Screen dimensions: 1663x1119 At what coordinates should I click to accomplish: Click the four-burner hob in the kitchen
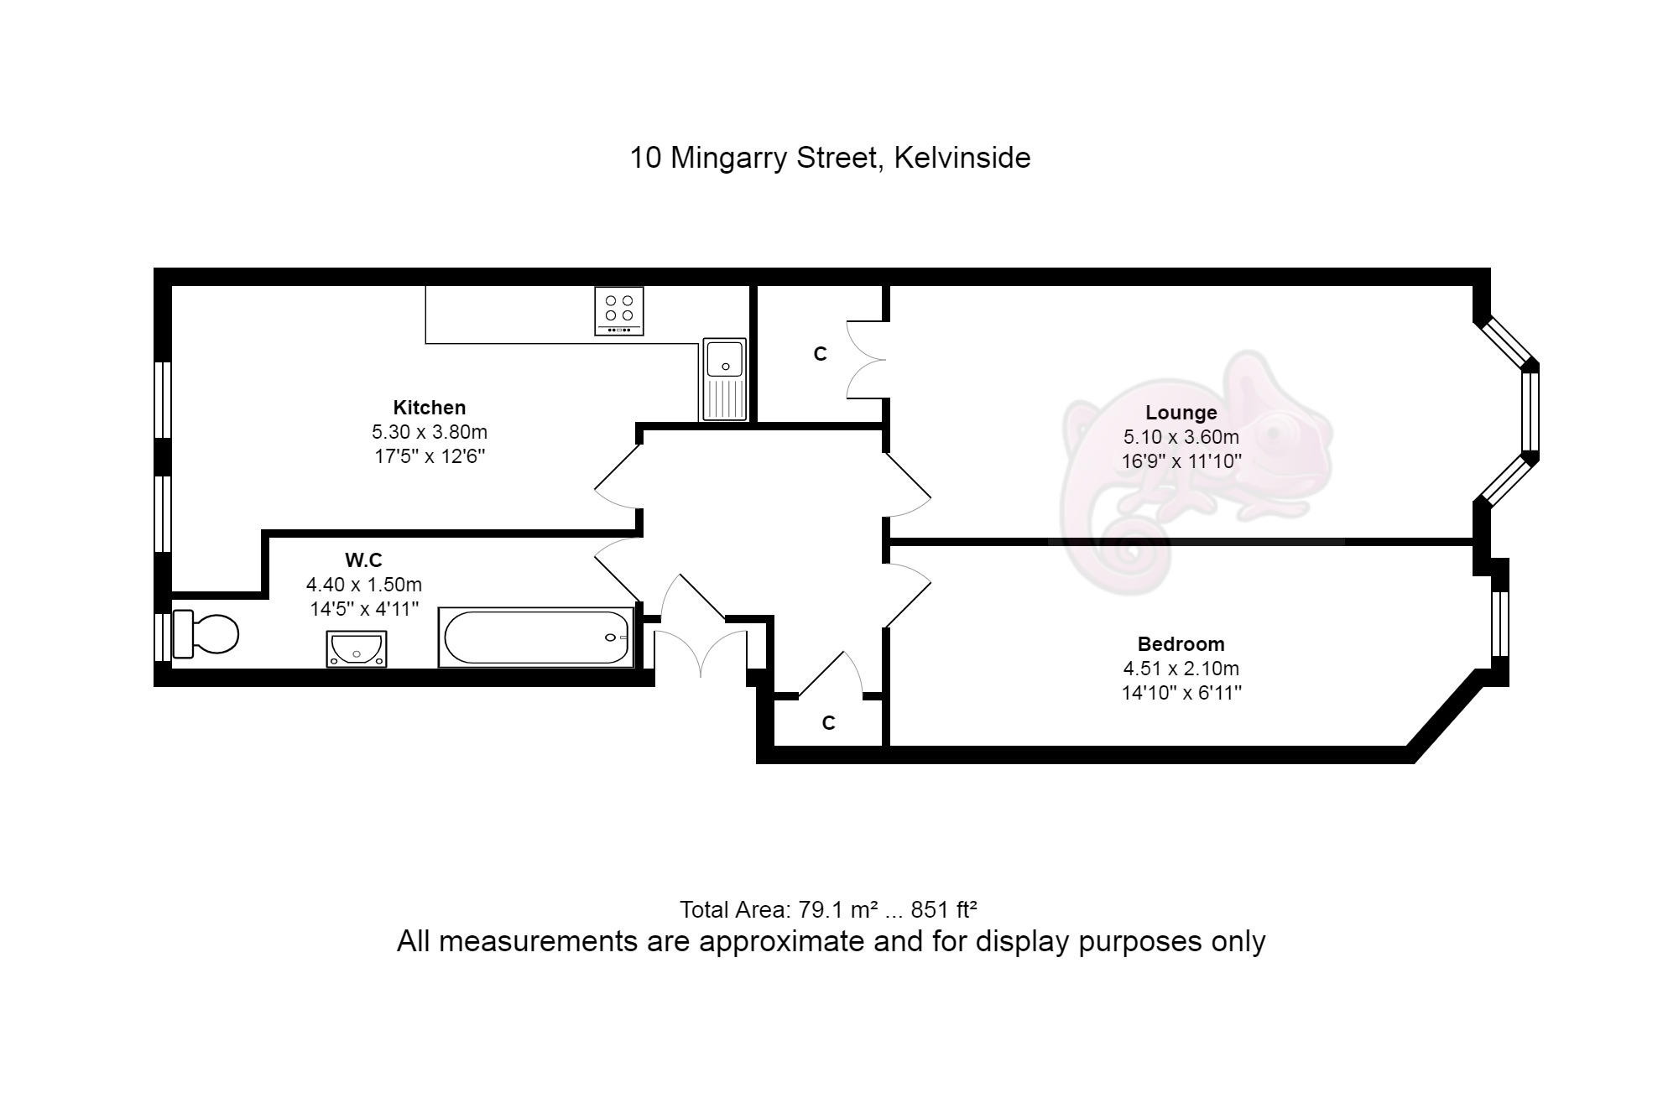[619, 310]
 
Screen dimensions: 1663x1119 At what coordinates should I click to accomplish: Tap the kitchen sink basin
[724, 359]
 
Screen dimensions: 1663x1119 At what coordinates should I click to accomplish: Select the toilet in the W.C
[206, 634]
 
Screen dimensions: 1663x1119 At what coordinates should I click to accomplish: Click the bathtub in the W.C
[536, 638]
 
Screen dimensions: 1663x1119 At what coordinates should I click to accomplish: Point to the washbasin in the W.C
[357, 649]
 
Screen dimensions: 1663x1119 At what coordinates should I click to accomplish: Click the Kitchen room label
[430, 408]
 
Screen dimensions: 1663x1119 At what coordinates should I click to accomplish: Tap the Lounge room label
[1181, 413]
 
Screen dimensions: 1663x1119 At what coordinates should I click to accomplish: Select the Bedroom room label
[1181, 644]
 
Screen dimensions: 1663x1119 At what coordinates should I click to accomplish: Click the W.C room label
[364, 559]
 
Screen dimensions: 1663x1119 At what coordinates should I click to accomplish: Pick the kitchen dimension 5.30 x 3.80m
[430, 432]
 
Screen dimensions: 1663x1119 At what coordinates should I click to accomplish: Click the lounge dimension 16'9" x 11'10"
[1181, 461]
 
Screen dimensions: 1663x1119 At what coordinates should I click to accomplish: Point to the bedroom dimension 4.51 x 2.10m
[1181, 669]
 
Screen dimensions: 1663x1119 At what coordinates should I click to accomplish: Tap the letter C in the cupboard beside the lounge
[821, 355]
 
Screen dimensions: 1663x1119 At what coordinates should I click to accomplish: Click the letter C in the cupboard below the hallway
[829, 723]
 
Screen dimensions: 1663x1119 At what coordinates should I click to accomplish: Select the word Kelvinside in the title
[962, 158]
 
